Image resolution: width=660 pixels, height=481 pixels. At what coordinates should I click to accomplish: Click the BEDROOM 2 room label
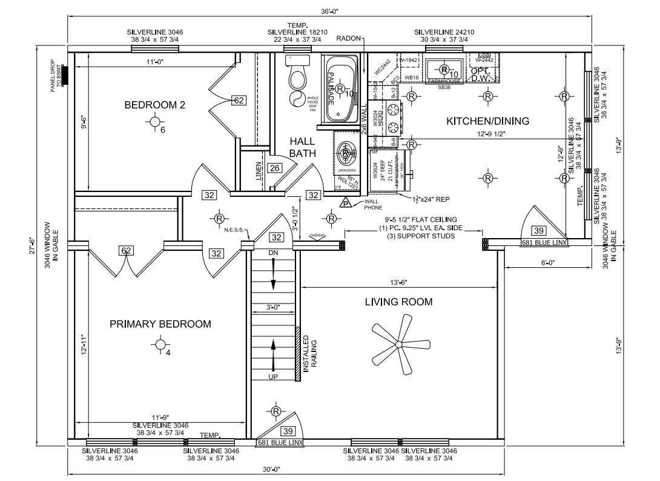click(x=154, y=105)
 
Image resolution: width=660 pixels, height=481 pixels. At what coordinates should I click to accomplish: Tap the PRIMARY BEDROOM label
click(x=160, y=324)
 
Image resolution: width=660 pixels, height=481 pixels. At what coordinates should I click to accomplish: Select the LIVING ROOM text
click(x=398, y=302)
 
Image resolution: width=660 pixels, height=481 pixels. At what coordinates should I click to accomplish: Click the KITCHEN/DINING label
click(x=487, y=121)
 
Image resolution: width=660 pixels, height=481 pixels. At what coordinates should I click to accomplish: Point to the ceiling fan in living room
click(x=398, y=345)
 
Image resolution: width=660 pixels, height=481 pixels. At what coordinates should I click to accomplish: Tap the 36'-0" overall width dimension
click(x=329, y=12)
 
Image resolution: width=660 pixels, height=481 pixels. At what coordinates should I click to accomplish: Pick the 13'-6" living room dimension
click(x=398, y=282)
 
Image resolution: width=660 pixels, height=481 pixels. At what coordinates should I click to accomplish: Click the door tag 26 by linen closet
click(x=274, y=168)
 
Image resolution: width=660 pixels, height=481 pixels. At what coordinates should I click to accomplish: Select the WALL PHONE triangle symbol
click(x=345, y=204)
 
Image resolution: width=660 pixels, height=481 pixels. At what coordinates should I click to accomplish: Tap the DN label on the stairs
click(x=272, y=251)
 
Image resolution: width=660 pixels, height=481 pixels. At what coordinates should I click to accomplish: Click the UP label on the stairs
click(x=272, y=377)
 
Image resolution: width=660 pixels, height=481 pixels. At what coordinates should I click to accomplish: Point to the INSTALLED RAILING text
click(x=310, y=352)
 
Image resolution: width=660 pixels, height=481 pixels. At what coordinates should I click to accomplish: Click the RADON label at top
click(x=348, y=38)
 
